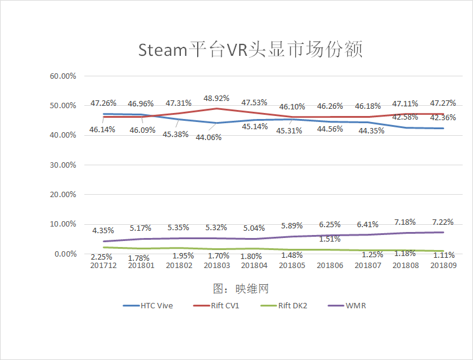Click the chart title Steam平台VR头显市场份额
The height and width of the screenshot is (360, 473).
pos(250,49)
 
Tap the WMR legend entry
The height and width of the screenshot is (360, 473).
pos(355,305)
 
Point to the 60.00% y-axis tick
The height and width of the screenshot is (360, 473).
pos(63,76)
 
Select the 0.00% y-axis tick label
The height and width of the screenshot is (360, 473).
pos(64,254)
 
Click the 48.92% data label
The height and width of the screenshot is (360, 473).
pos(216,98)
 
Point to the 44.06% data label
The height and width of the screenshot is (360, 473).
pos(209,137)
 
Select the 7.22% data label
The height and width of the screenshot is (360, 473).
pos(442,222)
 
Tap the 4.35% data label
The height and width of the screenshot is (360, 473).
pos(104,230)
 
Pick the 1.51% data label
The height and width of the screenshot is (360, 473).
pos(329,239)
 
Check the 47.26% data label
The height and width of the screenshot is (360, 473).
pos(103,103)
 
